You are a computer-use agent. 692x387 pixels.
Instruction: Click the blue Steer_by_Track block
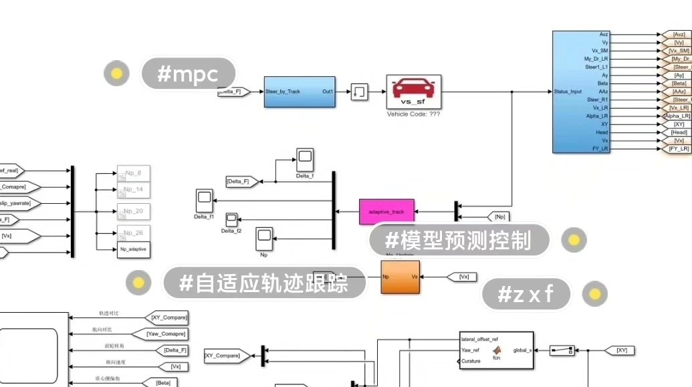[300, 92]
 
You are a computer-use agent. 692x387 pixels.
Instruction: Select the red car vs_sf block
[413, 92]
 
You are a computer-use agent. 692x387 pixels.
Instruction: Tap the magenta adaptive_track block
[386, 211]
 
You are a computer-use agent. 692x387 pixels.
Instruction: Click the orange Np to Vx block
[400, 277]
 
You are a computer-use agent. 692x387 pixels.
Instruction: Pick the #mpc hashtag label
[188, 74]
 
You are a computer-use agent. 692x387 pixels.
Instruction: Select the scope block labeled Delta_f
[305, 159]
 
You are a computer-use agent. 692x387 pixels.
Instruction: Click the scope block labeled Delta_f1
[204, 200]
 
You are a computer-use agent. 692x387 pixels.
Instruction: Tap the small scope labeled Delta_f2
[231, 219]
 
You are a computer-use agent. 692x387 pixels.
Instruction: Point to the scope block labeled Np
[265, 237]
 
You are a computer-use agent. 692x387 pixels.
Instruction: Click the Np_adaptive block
[133, 249]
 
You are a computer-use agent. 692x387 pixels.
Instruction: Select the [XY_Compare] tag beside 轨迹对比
[166, 317]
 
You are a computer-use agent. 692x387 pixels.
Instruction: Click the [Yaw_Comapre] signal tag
[166, 334]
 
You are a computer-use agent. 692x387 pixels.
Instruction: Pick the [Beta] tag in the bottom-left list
[163, 383]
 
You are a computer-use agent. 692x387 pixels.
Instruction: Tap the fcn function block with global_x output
[496, 350]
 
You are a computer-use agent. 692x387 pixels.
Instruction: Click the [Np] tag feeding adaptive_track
[499, 217]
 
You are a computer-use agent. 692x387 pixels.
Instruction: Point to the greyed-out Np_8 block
[133, 173]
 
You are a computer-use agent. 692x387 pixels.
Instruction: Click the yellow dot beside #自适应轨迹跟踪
[138, 283]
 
